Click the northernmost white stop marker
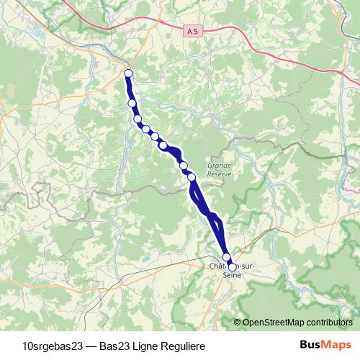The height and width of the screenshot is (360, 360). (x=128, y=73)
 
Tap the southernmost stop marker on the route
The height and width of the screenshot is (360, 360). (x=232, y=267)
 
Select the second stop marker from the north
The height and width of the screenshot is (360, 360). (x=132, y=103)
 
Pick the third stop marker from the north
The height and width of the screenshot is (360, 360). (x=138, y=119)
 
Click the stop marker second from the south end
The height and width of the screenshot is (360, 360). (x=226, y=257)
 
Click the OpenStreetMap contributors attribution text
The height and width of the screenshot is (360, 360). (x=297, y=323)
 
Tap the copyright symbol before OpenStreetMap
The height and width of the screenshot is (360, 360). (x=238, y=323)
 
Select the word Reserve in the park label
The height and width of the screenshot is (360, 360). (x=219, y=174)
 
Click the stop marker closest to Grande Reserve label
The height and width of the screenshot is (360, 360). (x=192, y=176)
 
